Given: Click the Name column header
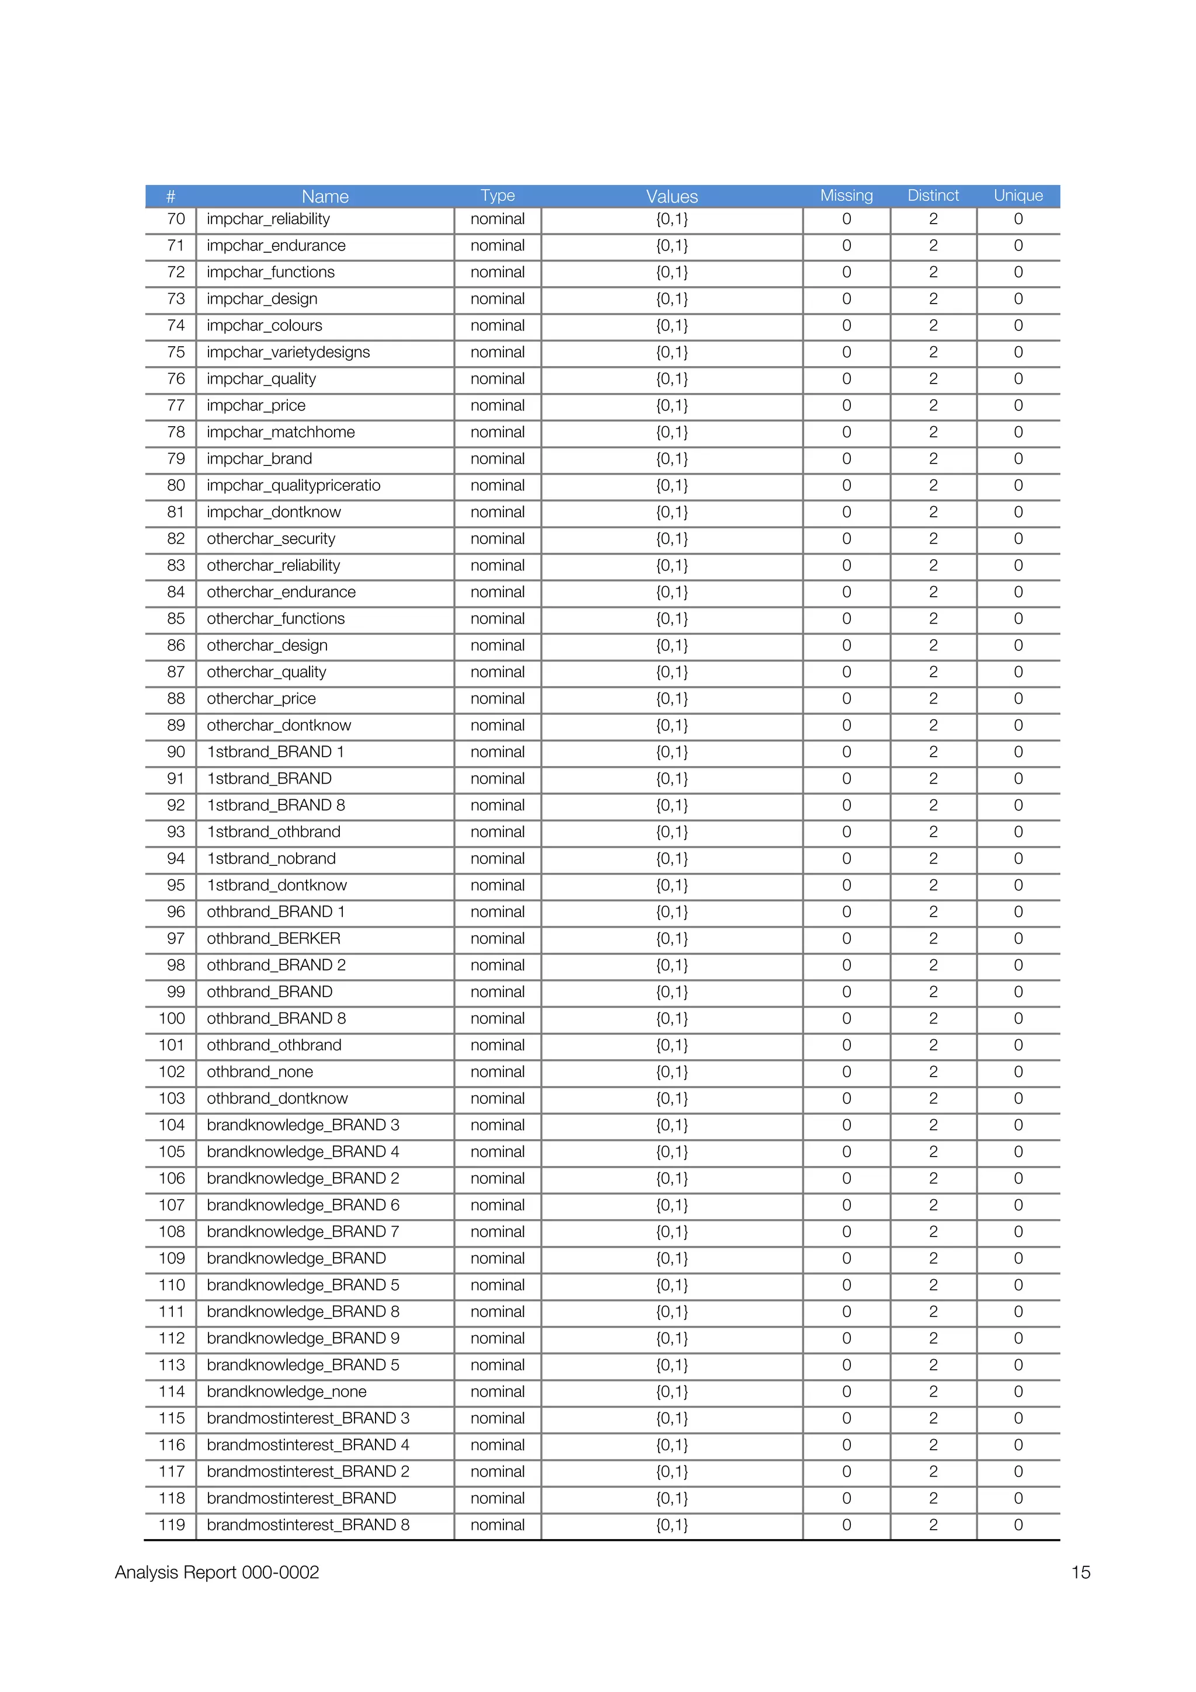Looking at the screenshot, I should pyautogui.click(x=325, y=197).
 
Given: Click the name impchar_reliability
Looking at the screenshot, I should pyautogui.click(x=268, y=219).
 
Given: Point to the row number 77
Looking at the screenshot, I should pyautogui.click(x=175, y=405).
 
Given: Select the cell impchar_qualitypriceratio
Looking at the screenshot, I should pyautogui.click(x=293, y=486).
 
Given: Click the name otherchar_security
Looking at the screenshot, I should pyautogui.click(x=270, y=539).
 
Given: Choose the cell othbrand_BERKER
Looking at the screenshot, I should pyautogui.click(x=273, y=939).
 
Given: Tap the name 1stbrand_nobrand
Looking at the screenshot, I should pyautogui.click(x=271, y=858).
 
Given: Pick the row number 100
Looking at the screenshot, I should pyautogui.click(x=172, y=1018).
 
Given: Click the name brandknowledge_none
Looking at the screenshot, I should pyautogui.click(x=287, y=1391).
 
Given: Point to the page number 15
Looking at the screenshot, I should pyautogui.click(x=1080, y=1572).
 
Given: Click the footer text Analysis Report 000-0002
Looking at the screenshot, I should pyautogui.click(x=217, y=1572).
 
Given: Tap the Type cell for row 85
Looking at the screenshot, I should pyautogui.click(x=498, y=619).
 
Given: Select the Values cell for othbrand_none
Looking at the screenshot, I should pyautogui.click(x=672, y=1071).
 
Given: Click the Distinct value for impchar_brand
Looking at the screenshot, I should pyautogui.click(x=933, y=459).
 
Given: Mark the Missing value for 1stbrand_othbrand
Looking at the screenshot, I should pyautogui.click(x=846, y=832).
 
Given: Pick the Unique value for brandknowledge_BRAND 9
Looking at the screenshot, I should pyautogui.click(x=1018, y=1338).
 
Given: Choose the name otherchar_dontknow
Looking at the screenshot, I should pyautogui.click(x=279, y=725).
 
